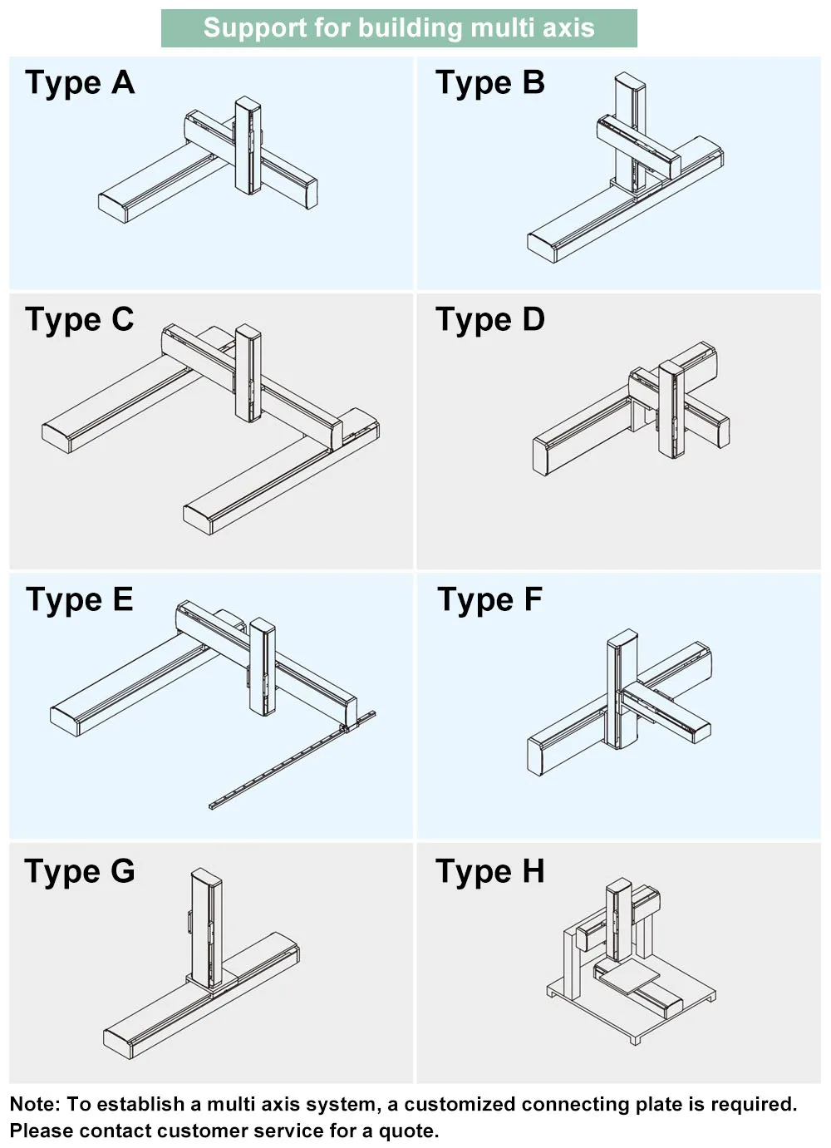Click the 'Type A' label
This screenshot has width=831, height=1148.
[x=80, y=83]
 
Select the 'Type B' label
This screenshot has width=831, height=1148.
[x=490, y=83]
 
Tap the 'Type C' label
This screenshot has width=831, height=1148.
[x=80, y=320]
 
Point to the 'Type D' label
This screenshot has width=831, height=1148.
[x=490, y=320]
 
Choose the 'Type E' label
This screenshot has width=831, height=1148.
[x=80, y=599]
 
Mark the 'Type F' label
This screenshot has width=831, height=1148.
[x=490, y=599]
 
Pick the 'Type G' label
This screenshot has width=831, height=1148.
[x=80, y=871]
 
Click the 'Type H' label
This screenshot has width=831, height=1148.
[x=490, y=871]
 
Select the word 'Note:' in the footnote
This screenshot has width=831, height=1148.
[x=35, y=1104]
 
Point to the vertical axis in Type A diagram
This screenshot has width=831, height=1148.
[x=248, y=145]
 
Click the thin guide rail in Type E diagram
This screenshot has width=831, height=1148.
[x=291, y=761]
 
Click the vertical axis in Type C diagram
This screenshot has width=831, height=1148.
[x=248, y=372]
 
